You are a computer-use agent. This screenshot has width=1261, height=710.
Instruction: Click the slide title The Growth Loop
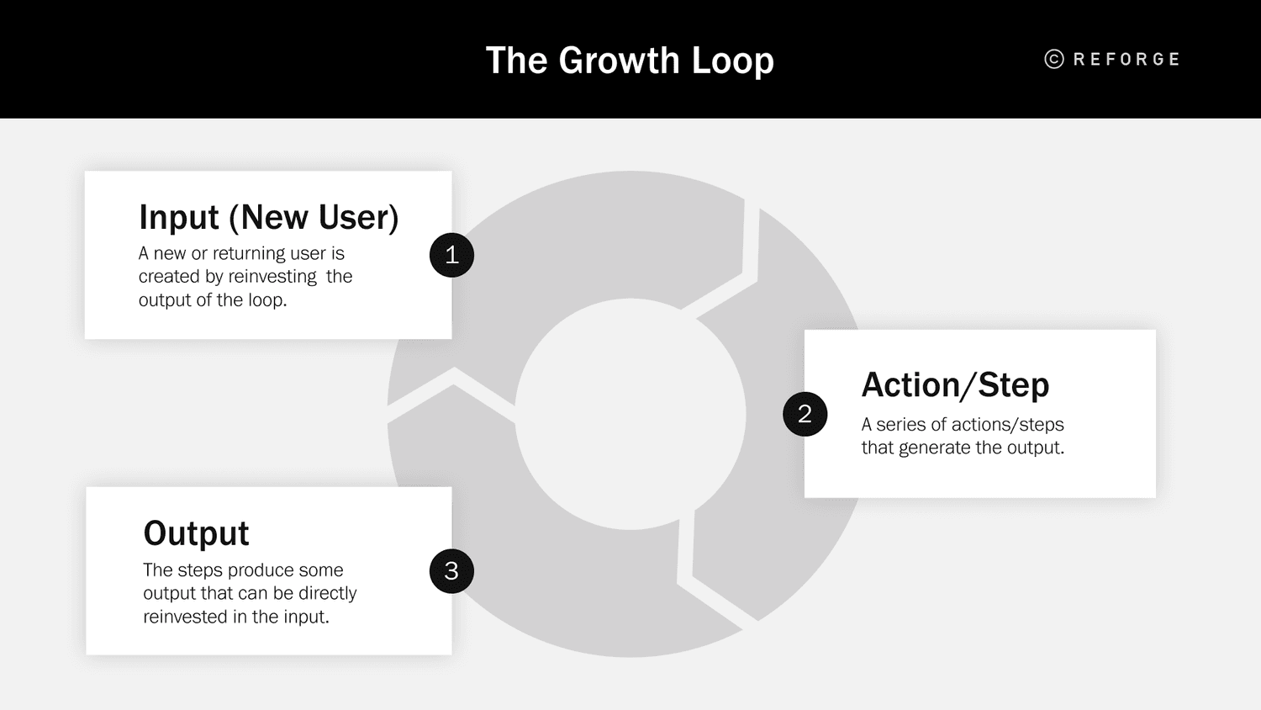click(630, 61)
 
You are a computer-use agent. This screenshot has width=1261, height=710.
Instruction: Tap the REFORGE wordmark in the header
click(1126, 60)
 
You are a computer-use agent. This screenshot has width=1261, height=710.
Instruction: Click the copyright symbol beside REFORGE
click(1054, 59)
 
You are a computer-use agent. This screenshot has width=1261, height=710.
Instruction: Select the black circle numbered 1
click(451, 255)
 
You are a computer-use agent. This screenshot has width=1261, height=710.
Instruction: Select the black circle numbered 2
click(805, 414)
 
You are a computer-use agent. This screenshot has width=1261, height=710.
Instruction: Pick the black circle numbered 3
click(451, 571)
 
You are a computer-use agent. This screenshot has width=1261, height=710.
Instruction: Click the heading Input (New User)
click(268, 217)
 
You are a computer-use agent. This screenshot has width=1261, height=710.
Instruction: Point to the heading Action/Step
click(955, 385)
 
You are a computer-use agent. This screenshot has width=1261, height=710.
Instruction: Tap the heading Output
click(196, 533)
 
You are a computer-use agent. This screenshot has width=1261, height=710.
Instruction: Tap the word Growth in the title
click(619, 61)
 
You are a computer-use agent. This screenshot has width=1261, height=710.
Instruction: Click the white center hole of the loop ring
click(630, 414)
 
